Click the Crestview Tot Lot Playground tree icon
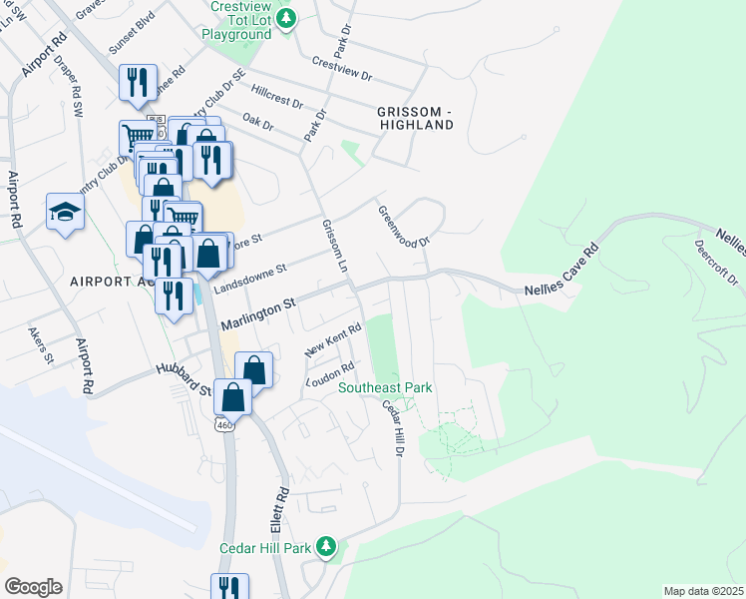pyautogui.click(x=287, y=19)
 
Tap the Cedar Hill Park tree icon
pyautogui.click(x=325, y=546)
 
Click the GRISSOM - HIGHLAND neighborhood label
pyautogui.click(x=415, y=118)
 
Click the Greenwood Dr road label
pyautogui.click(x=403, y=227)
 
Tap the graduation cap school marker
pyautogui.click(x=65, y=212)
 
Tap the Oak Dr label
pyautogui.click(x=257, y=123)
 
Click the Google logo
pyautogui.click(x=33, y=587)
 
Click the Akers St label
pyautogui.click(x=41, y=344)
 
